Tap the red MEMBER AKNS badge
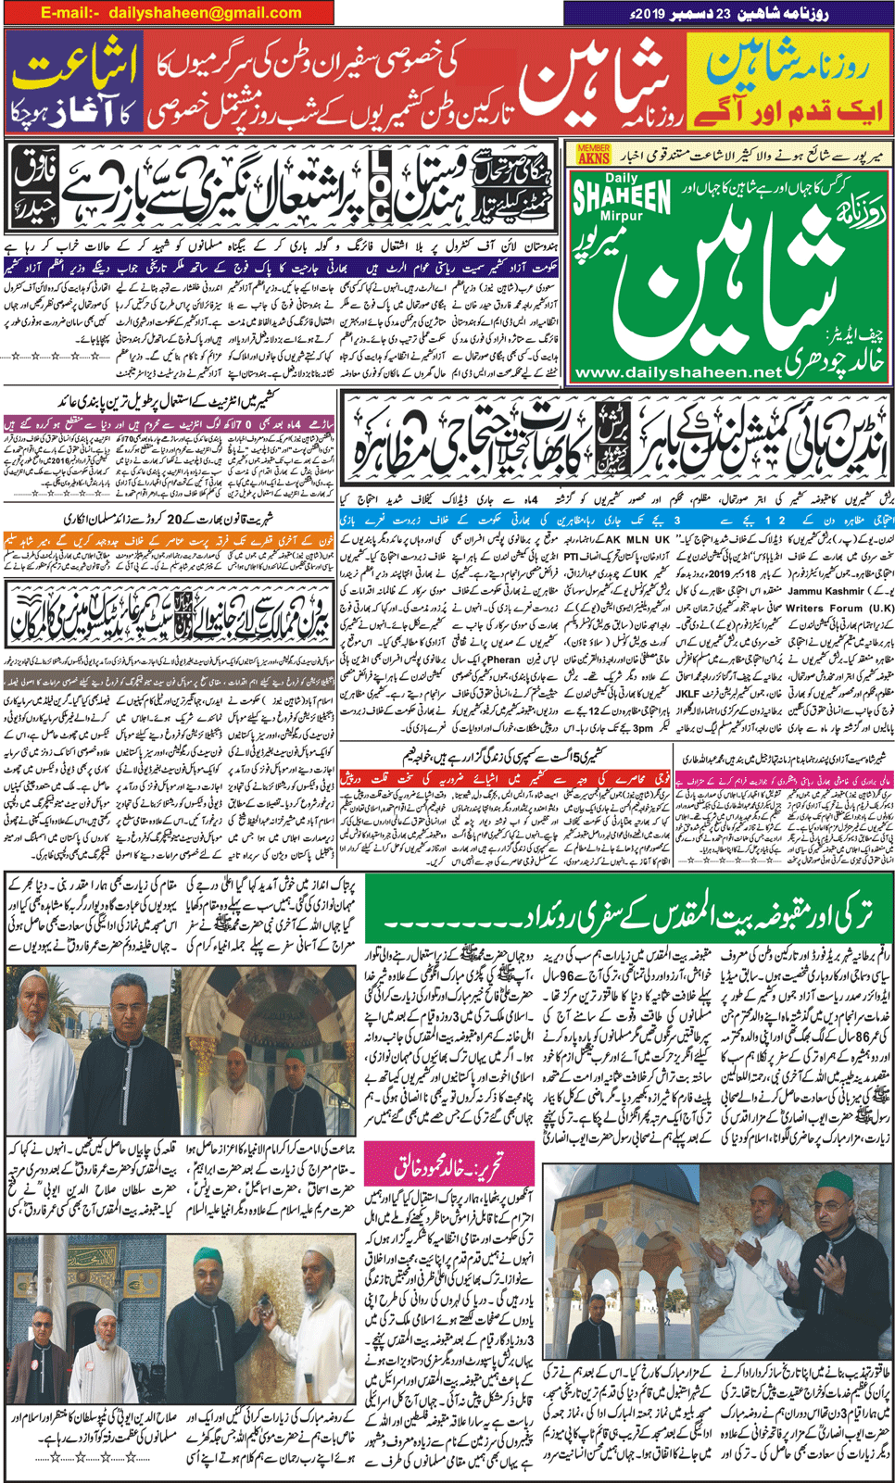coord(594,154)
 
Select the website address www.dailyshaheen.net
coord(677,372)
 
